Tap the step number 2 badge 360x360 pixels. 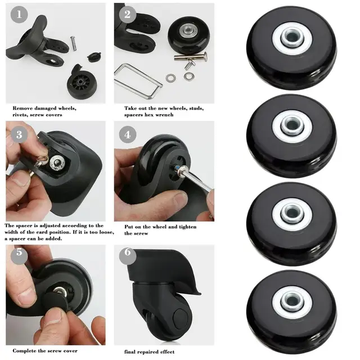(127, 14)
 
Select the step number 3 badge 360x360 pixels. (19, 134)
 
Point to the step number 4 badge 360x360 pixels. (127, 134)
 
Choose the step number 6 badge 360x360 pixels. (127, 253)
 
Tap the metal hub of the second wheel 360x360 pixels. (292, 127)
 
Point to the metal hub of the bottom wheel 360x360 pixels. (292, 301)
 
